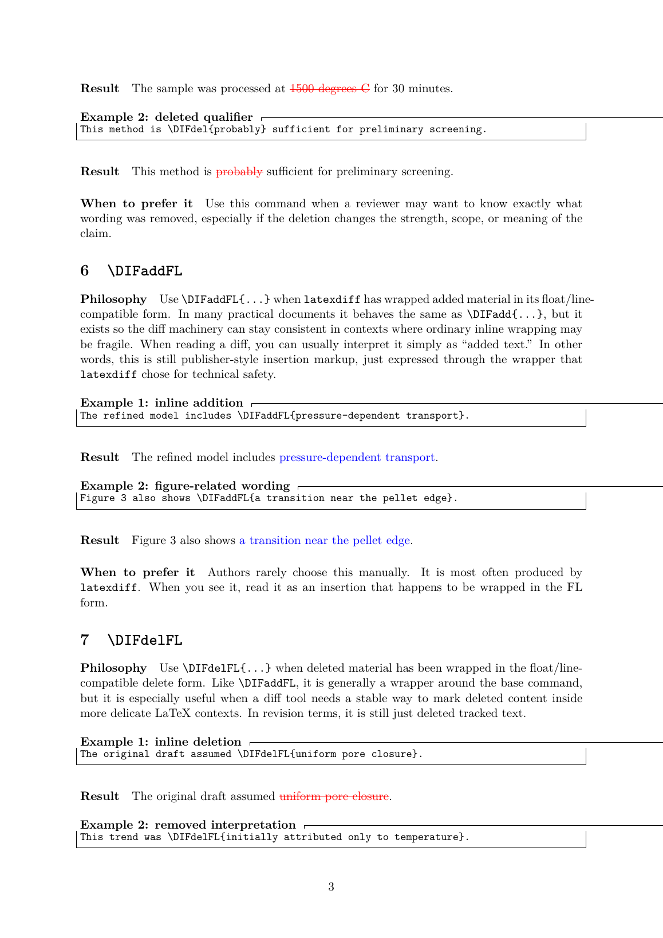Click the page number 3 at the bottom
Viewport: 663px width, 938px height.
(x=331, y=887)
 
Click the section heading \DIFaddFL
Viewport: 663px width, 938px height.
(x=145, y=271)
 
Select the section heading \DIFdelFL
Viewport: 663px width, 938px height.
(x=145, y=640)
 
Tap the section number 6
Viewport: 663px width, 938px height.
(x=85, y=271)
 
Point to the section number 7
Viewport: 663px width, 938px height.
(x=85, y=640)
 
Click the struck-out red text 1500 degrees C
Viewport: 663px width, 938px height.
(x=330, y=89)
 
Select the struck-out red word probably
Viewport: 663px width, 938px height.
(x=239, y=172)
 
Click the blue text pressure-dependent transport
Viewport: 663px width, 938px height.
(x=357, y=458)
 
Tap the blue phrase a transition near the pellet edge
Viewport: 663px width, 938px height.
(x=325, y=541)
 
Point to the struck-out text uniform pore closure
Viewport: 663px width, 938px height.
(x=334, y=797)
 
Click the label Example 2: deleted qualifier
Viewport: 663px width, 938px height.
(x=166, y=117)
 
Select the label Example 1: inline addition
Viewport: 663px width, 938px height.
(x=161, y=403)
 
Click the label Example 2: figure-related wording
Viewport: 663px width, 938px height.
(x=185, y=486)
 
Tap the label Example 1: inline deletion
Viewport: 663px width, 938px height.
(x=161, y=742)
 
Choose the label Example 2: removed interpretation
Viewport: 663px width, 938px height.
(x=188, y=825)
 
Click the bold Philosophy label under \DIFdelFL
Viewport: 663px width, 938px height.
(x=113, y=668)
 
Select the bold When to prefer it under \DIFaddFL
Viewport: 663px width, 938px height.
(x=137, y=573)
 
